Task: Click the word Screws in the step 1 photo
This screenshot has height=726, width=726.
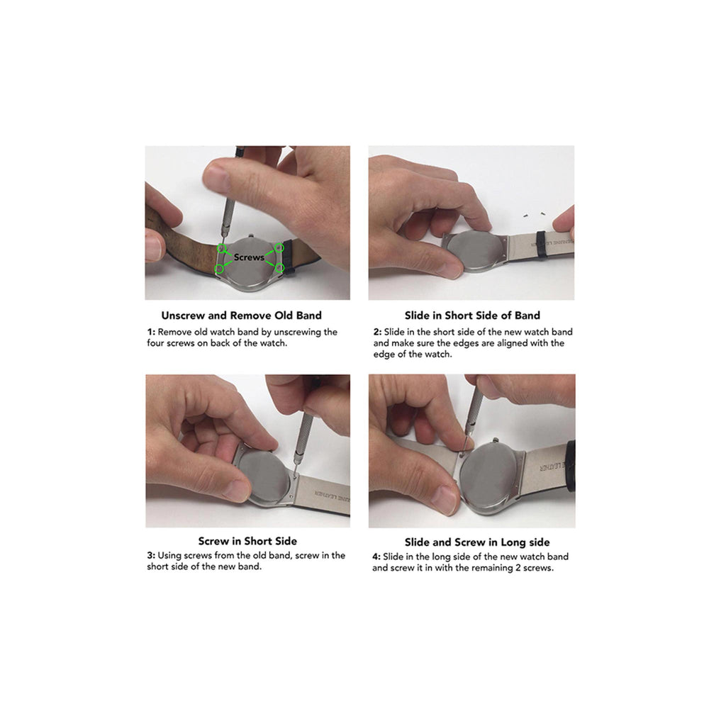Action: (x=249, y=257)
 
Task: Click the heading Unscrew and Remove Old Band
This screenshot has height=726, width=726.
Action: (x=241, y=315)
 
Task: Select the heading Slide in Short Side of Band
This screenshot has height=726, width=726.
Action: (x=472, y=315)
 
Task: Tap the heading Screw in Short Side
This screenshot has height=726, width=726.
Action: (x=247, y=541)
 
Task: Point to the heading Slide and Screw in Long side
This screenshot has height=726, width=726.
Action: (x=477, y=542)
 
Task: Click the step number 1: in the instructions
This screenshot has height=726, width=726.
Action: (x=151, y=333)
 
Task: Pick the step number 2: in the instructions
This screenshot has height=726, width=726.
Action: (x=378, y=333)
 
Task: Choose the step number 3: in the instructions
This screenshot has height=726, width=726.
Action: (x=151, y=556)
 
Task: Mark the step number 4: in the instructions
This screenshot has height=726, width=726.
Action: (x=376, y=557)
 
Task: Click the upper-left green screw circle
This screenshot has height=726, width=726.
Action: (x=222, y=248)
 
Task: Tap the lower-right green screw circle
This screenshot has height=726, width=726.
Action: (x=279, y=268)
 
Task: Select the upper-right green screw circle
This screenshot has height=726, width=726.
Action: (x=279, y=247)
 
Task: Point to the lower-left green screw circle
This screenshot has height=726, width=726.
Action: (x=220, y=269)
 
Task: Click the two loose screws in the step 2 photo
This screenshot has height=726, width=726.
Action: (x=534, y=214)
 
